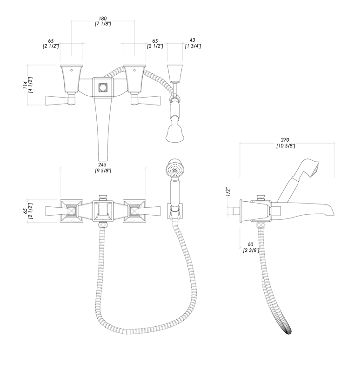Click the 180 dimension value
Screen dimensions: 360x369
[x=103, y=18]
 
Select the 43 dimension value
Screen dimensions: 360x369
[x=192, y=40]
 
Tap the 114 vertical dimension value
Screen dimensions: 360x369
[x=25, y=85]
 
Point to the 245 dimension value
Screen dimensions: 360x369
[x=103, y=165]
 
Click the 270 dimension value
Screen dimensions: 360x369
[x=286, y=140]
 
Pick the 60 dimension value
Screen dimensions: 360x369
[x=250, y=244]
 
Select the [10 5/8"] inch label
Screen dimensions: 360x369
[x=286, y=146]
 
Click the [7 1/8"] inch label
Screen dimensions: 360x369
[x=103, y=24]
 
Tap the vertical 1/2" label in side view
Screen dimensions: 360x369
[x=228, y=191]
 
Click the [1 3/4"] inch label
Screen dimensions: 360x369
[x=193, y=46]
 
